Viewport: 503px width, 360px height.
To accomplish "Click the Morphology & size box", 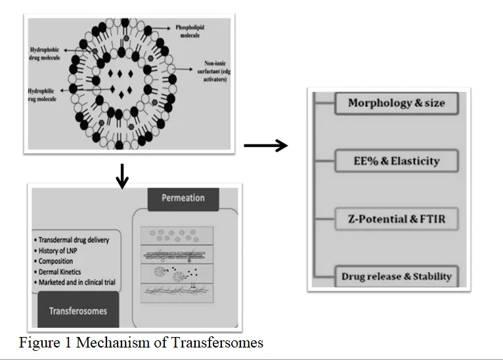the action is coord(397,103).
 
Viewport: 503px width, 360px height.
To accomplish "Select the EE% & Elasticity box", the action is coord(397,161).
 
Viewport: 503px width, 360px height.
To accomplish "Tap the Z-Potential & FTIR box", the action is coord(397,219).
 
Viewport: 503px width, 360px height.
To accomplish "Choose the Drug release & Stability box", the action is coord(397,277).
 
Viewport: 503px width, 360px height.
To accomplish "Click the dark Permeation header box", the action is coord(183,199).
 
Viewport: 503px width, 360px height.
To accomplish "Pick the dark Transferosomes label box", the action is coord(78,310).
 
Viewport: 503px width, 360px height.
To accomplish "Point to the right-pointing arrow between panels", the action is coord(265,145).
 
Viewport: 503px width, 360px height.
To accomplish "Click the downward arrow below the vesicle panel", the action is coord(122,177).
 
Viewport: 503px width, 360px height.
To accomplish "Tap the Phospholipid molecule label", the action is coord(190,32).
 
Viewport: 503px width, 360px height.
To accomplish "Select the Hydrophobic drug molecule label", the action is coord(45,54).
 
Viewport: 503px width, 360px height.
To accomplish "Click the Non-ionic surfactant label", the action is coord(213,71).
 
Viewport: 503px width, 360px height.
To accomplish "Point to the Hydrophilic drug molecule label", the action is coord(42,95).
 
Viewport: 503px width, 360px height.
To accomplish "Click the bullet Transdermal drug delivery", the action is coord(72,240).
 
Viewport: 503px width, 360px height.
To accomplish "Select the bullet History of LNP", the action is coord(56,250).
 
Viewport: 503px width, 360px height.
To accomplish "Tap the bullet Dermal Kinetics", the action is coord(57,272).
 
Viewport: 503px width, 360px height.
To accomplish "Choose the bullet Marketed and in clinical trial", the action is coord(75,282).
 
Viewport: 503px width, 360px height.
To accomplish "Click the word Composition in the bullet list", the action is coord(56,261).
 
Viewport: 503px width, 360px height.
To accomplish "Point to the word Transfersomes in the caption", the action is coord(217,343).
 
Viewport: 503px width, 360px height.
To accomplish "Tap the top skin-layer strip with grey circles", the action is coord(177,236).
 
